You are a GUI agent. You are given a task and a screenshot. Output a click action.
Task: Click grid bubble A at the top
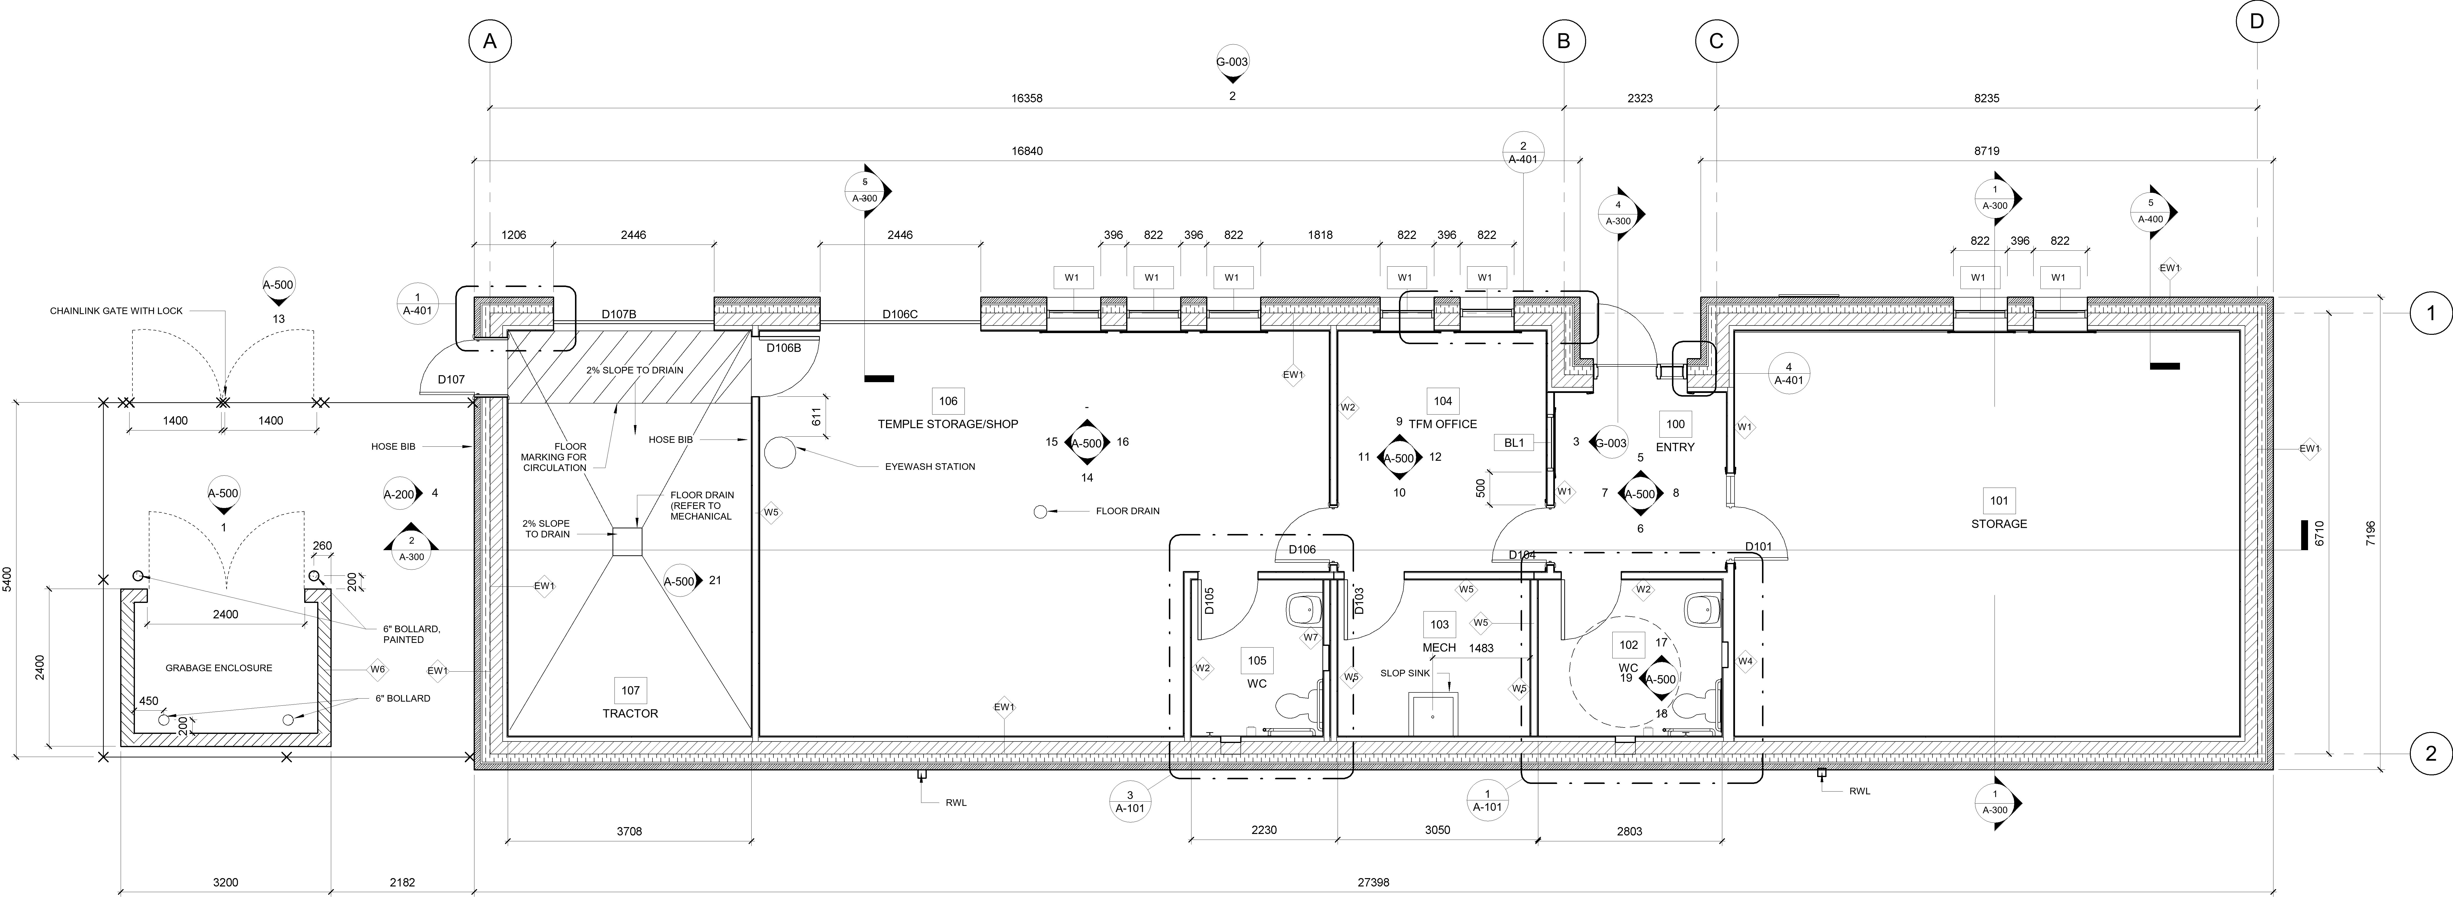tap(489, 42)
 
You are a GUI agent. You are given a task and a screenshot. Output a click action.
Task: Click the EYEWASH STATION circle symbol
tap(779, 453)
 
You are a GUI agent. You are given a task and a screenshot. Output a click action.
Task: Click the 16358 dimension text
tap(1027, 98)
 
